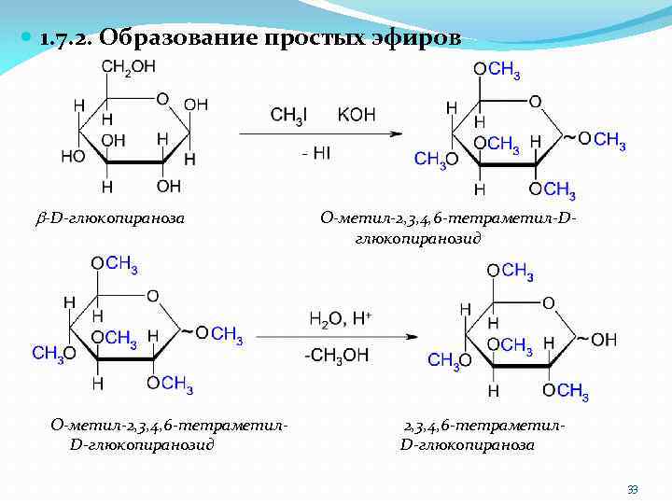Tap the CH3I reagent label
click(x=287, y=115)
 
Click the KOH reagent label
click(x=357, y=115)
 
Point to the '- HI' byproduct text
click(x=315, y=152)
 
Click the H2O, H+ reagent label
click(x=341, y=319)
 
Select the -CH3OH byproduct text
click(x=336, y=355)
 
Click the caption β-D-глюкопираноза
click(x=111, y=218)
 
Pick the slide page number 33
click(x=633, y=490)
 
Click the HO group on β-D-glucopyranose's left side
click(x=73, y=156)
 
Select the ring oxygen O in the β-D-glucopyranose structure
click(x=162, y=98)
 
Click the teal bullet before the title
click(x=26, y=38)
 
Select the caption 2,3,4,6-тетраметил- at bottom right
click(x=484, y=426)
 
